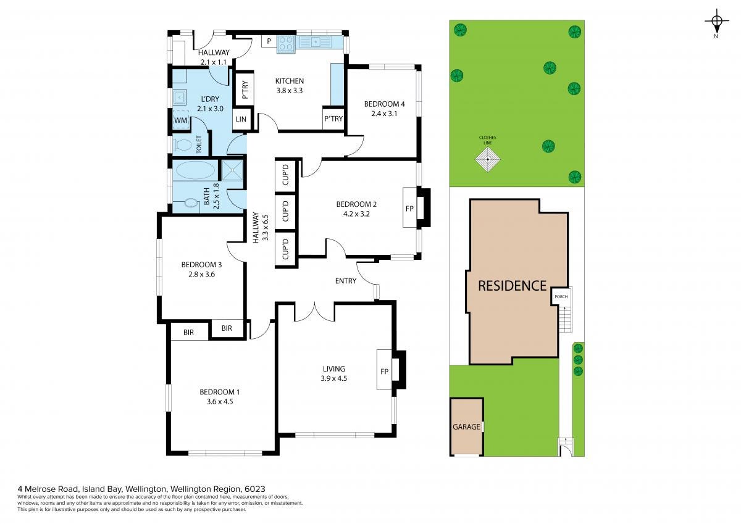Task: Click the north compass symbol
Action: (x=716, y=22)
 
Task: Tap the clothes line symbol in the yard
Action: (x=488, y=160)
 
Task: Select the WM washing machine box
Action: (x=180, y=120)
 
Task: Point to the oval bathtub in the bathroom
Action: (x=195, y=170)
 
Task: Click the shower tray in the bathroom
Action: (x=233, y=170)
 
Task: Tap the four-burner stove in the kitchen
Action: (x=286, y=44)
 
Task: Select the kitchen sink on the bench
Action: (x=316, y=42)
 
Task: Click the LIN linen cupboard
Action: (x=241, y=119)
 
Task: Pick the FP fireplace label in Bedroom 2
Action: (x=409, y=209)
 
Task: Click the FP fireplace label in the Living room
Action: (x=384, y=372)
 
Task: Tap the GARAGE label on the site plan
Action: (x=466, y=427)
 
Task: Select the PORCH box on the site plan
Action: (x=561, y=296)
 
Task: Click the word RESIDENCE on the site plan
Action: (x=512, y=286)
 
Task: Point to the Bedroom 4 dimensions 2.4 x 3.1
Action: (x=384, y=114)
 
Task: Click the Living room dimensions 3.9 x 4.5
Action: (x=334, y=378)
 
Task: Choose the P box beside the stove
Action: (x=269, y=41)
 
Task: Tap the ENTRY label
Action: (x=346, y=281)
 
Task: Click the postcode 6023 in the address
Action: (x=254, y=489)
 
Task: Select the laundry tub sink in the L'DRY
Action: (x=180, y=98)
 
